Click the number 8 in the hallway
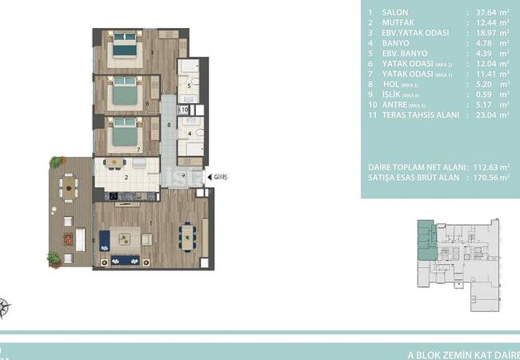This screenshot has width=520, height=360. point(168,126)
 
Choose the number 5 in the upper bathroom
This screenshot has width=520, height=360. point(188,86)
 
